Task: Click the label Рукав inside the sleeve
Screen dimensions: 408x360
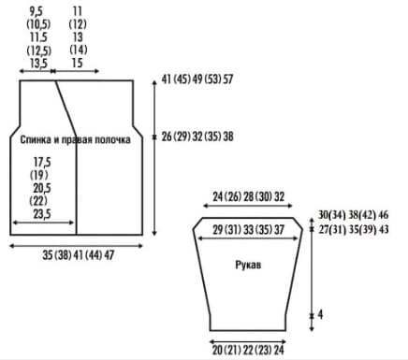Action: [248, 265]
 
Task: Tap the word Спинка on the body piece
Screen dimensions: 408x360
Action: [36, 139]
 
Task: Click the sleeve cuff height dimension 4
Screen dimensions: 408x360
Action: [320, 315]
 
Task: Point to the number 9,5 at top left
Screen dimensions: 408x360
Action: [36, 11]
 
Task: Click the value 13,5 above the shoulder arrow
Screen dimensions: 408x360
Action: [38, 64]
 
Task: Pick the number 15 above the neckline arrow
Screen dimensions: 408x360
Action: [77, 63]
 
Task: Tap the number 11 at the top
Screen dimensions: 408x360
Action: [77, 11]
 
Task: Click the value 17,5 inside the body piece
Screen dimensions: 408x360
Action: [42, 163]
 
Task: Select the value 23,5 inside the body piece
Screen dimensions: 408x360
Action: [42, 214]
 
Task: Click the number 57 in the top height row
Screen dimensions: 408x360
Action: [227, 79]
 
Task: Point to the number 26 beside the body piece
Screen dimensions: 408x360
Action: [167, 137]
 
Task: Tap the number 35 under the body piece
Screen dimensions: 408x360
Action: [48, 255]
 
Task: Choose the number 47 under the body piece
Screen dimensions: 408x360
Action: [109, 255]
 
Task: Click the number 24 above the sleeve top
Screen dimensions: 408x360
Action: [218, 196]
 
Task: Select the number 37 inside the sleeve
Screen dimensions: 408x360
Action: [279, 230]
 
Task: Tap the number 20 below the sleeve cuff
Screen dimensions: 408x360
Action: [217, 350]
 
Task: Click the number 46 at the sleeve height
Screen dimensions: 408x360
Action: [384, 215]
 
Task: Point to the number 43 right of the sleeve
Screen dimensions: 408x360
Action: [384, 230]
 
